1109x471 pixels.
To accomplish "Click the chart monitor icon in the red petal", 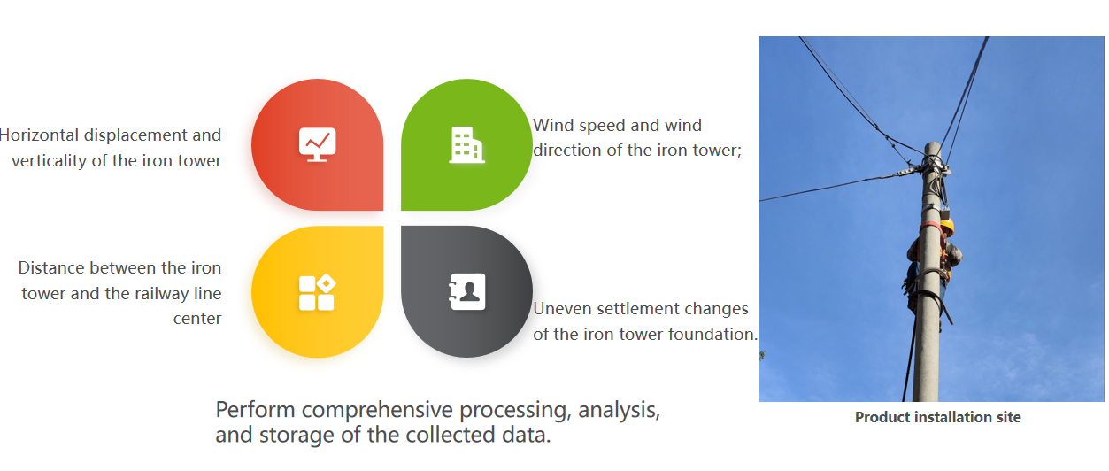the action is click(318, 144).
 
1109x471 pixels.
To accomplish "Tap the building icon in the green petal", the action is click(466, 144).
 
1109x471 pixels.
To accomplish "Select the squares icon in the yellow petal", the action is click(318, 292).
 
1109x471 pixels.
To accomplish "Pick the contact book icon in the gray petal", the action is click(466, 291).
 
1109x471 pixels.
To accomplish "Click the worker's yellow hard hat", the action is click(947, 227).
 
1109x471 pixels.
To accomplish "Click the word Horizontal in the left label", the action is click(39, 135).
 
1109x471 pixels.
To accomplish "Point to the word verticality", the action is click(49, 161).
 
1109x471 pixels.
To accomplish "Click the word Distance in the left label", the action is click(52, 268).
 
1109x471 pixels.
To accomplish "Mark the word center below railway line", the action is click(197, 319).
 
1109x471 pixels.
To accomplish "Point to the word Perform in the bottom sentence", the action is click(256, 410).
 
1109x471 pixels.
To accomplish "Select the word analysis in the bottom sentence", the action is click(619, 411).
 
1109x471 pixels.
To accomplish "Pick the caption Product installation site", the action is click(937, 417).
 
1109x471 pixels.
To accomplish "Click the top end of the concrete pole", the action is click(933, 143).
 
